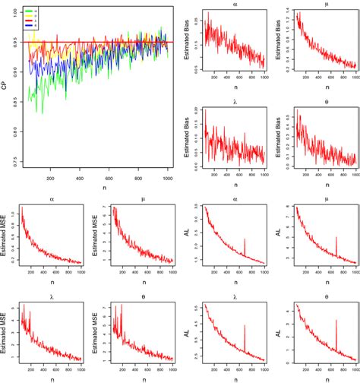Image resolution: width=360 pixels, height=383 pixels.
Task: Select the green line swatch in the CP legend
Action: [29, 11]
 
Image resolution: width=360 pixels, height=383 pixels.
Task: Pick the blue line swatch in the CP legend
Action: [29, 25]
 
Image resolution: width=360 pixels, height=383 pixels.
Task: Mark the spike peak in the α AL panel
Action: [245, 239]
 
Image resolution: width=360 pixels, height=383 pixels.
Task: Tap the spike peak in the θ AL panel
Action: [336, 320]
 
